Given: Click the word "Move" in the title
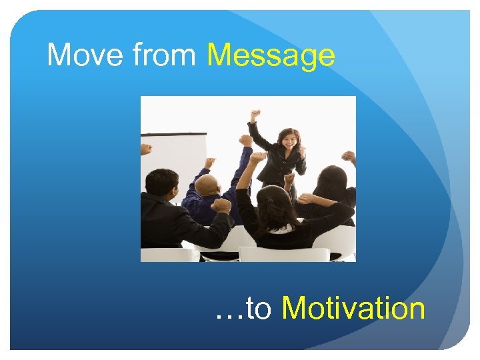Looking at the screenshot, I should click(85, 55).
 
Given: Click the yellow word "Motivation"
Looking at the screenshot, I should click(353, 309).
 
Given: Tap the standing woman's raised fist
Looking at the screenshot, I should click(255, 115).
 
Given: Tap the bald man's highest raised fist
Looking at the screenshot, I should click(247, 141).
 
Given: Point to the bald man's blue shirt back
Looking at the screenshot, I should click(207, 207).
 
